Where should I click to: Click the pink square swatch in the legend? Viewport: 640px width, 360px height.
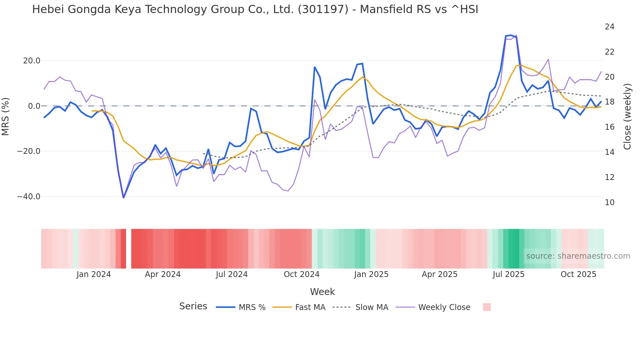coord(487,307)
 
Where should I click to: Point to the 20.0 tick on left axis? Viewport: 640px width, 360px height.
coord(32,61)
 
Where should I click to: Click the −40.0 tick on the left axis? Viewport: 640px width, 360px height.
coord(29,197)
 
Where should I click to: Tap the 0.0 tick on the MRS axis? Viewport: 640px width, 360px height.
coord(34,106)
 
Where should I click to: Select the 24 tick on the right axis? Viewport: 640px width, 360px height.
coord(609,27)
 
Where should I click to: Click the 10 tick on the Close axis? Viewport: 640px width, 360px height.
coord(609,203)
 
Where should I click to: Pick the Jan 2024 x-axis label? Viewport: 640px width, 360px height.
coord(94,274)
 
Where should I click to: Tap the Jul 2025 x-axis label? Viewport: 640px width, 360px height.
coord(508,274)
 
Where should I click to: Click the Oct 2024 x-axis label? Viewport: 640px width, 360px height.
coord(301,274)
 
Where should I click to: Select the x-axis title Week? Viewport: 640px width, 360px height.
coord(322,292)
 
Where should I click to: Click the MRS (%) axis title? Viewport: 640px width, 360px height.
coord(6,116)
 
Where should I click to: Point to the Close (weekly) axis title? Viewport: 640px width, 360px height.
coord(627,117)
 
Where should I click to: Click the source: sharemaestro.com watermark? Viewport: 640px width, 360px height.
coord(578,256)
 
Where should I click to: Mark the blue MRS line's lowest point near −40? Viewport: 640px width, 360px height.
coord(123,197)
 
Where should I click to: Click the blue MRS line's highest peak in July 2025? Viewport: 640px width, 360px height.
coord(511,35)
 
